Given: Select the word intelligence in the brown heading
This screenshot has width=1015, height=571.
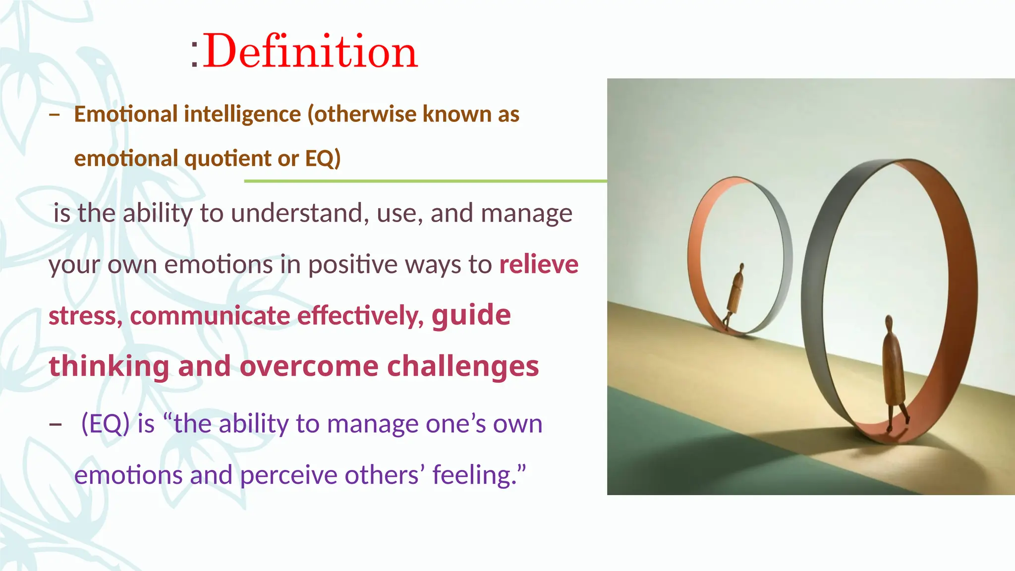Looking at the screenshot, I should pyautogui.click(x=242, y=114).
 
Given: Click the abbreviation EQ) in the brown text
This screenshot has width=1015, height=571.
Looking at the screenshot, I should pyautogui.click(x=323, y=159).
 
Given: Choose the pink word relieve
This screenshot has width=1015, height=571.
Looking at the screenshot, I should pyautogui.click(x=539, y=264).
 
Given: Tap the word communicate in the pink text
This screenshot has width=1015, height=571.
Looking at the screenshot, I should pyautogui.click(x=210, y=316).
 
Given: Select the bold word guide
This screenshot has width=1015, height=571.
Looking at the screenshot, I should pyautogui.click(x=471, y=315).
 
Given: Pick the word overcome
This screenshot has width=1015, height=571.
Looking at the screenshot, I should pyautogui.click(x=309, y=366).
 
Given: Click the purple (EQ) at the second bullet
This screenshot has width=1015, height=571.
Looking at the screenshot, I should pyautogui.click(x=106, y=424).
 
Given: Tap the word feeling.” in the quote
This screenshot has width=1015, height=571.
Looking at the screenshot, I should pyautogui.click(x=479, y=475).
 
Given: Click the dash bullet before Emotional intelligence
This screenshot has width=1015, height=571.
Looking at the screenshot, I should pyautogui.click(x=55, y=115).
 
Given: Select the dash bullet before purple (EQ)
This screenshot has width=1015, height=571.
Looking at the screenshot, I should pyautogui.click(x=56, y=425).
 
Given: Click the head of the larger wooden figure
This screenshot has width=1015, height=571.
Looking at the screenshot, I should pyautogui.click(x=889, y=324).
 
